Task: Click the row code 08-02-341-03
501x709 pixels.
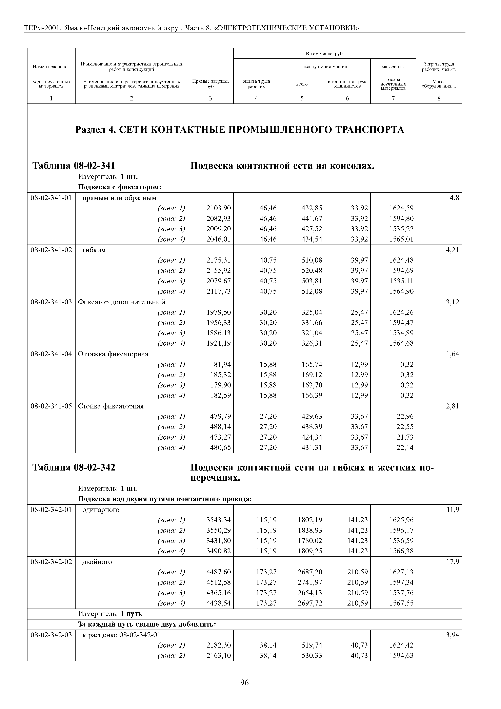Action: [x=51, y=302]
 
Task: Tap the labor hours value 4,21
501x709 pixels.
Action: [x=452, y=250]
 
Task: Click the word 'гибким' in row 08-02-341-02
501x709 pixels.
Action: [x=94, y=250]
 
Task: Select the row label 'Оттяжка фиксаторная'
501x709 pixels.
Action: [x=113, y=354]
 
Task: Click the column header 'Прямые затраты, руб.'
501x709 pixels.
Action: [x=211, y=84]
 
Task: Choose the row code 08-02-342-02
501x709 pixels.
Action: [x=51, y=562]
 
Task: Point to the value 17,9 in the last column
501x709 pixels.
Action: [x=453, y=562]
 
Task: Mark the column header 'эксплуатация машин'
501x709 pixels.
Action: [x=324, y=66]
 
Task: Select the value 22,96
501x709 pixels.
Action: [x=405, y=417]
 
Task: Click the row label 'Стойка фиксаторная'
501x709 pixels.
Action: [x=111, y=406]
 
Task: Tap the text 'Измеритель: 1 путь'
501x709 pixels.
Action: [x=110, y=614]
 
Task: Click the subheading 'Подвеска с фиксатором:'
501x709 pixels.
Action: [x=120, y=187]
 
